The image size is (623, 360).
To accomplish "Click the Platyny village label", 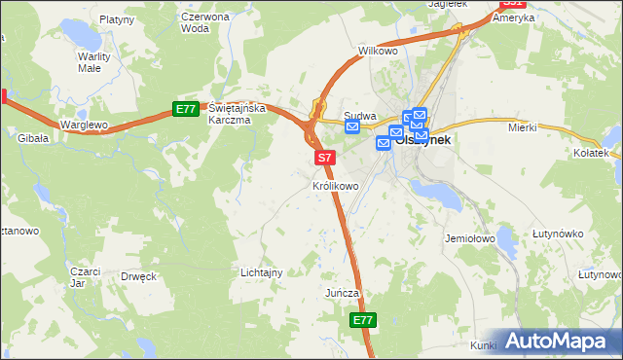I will tap(117, 18).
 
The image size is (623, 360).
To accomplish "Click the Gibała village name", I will tap(33, 139).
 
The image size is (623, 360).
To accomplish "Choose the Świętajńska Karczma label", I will tap(230, 114).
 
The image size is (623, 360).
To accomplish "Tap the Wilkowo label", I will tap(379, 50).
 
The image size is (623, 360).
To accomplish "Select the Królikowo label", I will tap(336, 185).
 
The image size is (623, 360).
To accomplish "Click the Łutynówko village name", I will tap(558, 234).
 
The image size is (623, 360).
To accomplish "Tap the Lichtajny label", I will tap(261, 272).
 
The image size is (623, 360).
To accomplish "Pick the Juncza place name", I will tap(343, 293).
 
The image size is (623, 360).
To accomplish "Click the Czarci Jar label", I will tap(86, 277).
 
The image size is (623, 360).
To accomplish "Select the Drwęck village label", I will tap(138, 276).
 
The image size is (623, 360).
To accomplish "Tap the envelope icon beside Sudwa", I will tap(352, 127).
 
